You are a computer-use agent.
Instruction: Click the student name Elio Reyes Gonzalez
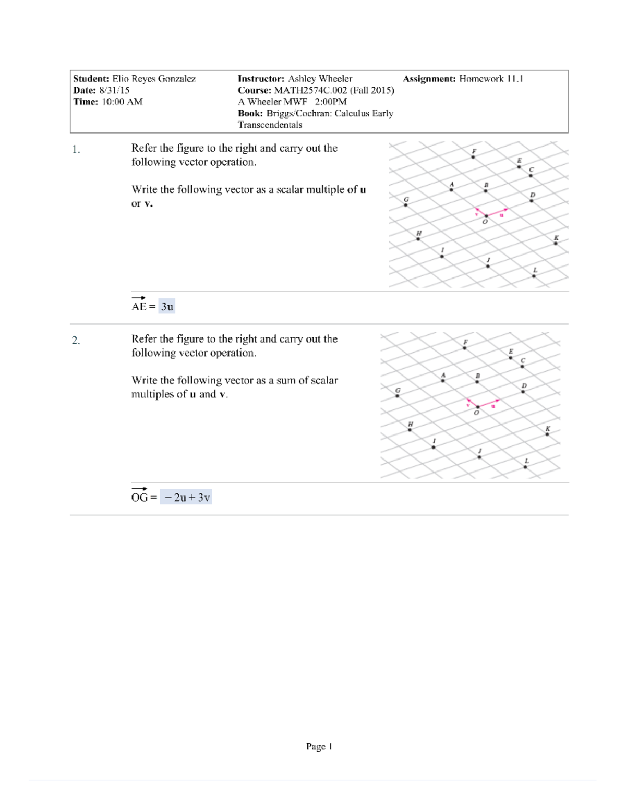tap(154, 79)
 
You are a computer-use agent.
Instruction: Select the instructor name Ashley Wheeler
tap(320, 79)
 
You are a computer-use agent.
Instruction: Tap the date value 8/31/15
tap(114, 90)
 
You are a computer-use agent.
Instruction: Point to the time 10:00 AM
tap(122, 102)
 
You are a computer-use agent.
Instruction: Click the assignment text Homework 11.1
tap(491, 79)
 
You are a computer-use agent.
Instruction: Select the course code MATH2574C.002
tap(310, 90)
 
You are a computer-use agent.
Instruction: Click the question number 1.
tap(76, 150)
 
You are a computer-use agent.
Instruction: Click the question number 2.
tap(76, 341)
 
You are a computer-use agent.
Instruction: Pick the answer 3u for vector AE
tap(167, 307)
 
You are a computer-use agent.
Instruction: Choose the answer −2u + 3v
tap(186, 498)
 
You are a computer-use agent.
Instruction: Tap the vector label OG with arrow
tap(139, 497)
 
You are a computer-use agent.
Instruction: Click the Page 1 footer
tap(319, 747)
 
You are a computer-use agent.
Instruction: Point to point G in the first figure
tap(406, 205)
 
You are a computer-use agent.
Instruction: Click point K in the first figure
tap(556, 243)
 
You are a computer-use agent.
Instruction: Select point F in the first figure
tap(473, 156)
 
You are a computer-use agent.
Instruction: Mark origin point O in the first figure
tap(486, 216)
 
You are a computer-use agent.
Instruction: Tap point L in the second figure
tap(525, 467)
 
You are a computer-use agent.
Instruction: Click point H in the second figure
tap(410, 430)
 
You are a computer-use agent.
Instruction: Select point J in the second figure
tap(479, 457)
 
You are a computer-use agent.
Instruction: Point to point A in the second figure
tap(443, 381)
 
